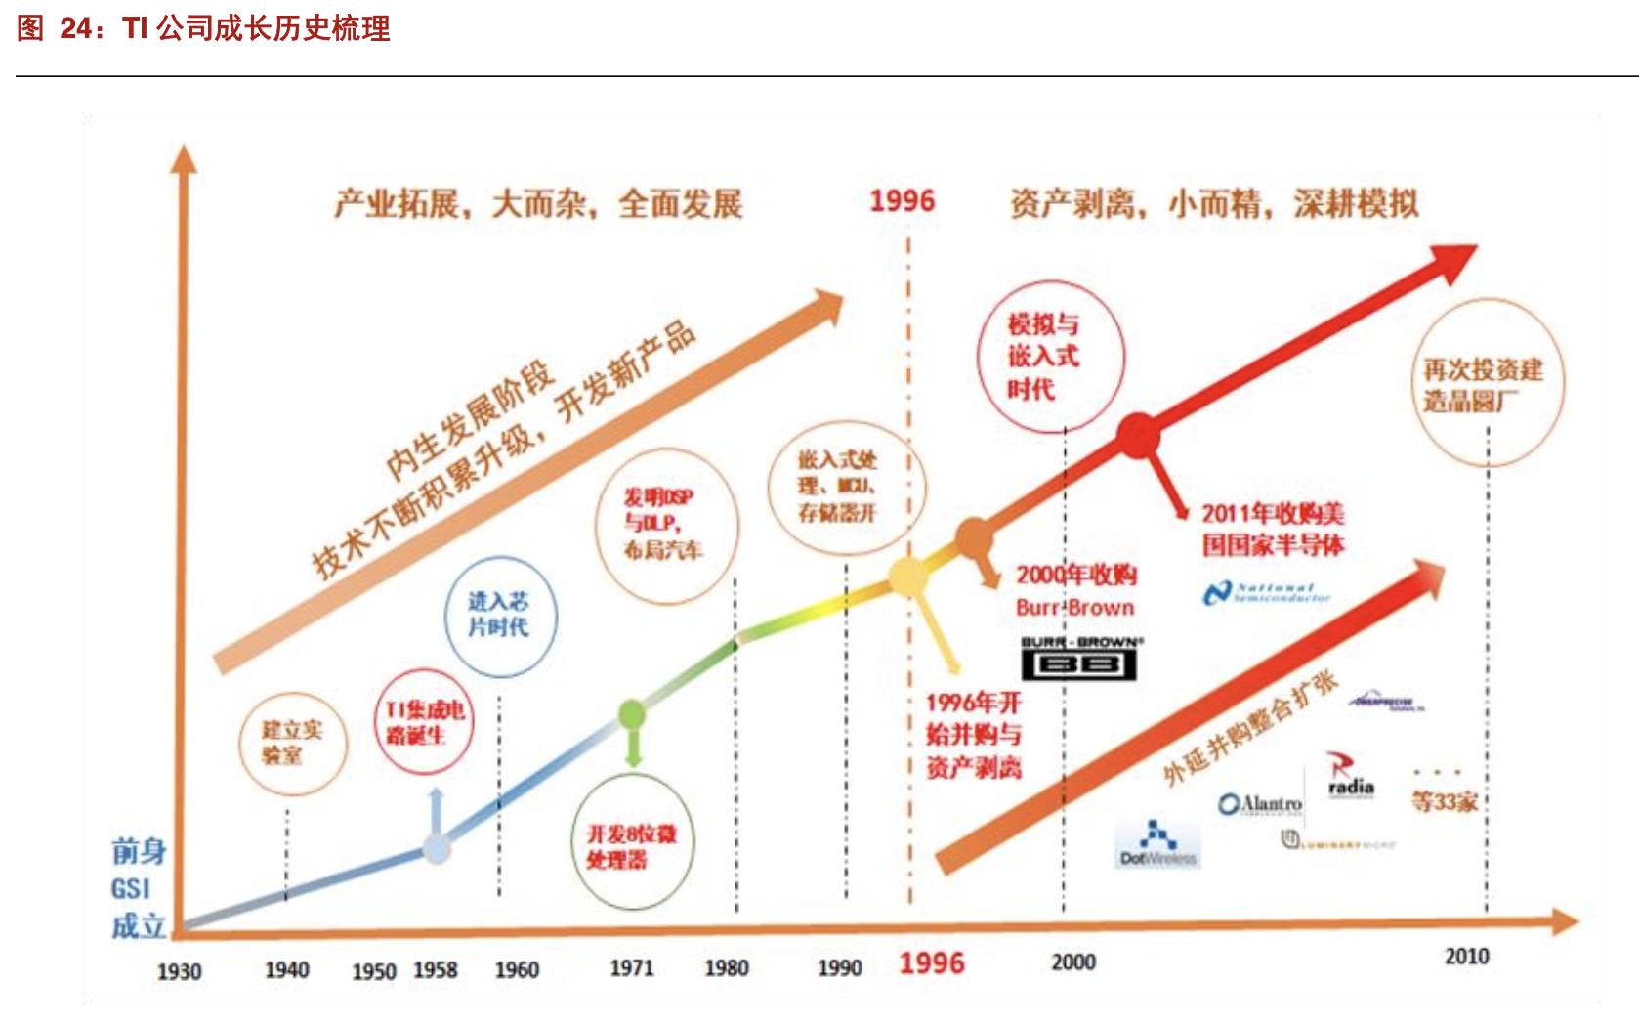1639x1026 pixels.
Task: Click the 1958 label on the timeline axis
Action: point(435,969)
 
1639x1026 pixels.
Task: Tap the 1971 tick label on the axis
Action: point(631,967)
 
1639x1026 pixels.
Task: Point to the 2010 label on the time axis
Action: point(1466,956)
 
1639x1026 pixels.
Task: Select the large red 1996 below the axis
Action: point(932,963)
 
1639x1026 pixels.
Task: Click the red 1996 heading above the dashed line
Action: point(903,201)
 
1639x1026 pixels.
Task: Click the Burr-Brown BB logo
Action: point(1079,660)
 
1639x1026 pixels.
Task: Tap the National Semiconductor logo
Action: point(1266,592)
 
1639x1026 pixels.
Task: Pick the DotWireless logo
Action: point(1157,843)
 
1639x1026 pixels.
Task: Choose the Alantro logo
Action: point(1260,804)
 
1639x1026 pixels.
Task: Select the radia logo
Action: point(1350,777)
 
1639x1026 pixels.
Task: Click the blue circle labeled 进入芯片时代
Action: point(498,616)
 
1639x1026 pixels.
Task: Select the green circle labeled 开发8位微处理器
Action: point(630,847)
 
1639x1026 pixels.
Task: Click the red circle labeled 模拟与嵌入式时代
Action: point(1050,357)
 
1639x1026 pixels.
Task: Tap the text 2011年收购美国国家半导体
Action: point(1273,529)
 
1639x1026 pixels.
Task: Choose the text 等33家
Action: point(1444,802)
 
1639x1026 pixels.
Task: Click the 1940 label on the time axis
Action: point(286,969)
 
